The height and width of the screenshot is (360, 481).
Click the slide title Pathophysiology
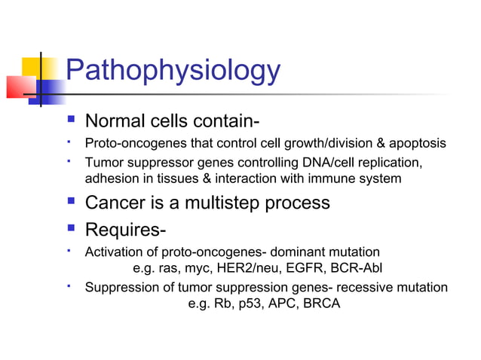pyautogui.click(x=173, y=72)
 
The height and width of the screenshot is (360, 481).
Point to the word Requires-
pyautogui.click(x=126, y=229)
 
